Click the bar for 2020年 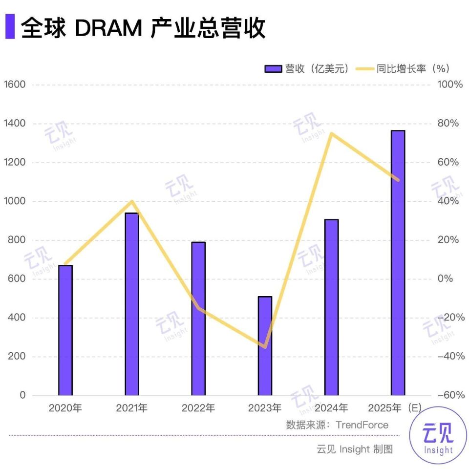(x=65, y=330)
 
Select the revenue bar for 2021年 (x=132, y=304)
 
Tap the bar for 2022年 (x=198, y=319)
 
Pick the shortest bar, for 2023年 (x=265, y=346)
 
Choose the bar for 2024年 (x=331, y=307)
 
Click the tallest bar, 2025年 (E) (x=398, y=263)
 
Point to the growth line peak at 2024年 (x=331, y=133)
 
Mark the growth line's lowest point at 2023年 (x=265, y=347)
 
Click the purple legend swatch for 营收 (x=273, y=69)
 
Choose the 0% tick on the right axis (x=446, y=279)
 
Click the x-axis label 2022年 (x=198, y=408)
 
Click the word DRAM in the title (x=108, y=28)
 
